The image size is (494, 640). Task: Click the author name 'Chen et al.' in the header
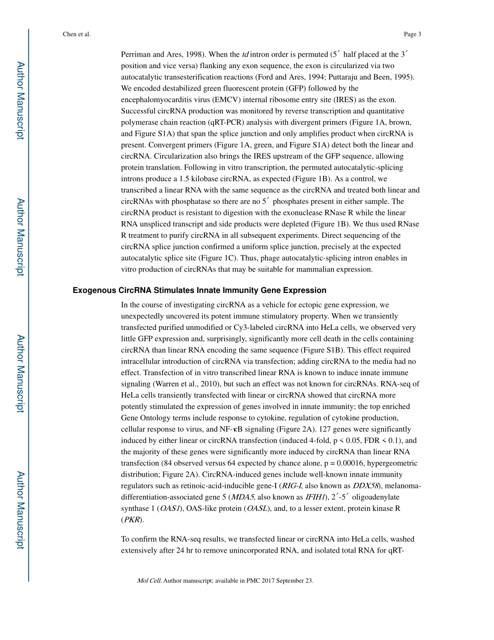76,34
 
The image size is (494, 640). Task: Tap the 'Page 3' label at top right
412,34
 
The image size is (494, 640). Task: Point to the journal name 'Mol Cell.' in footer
149,581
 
